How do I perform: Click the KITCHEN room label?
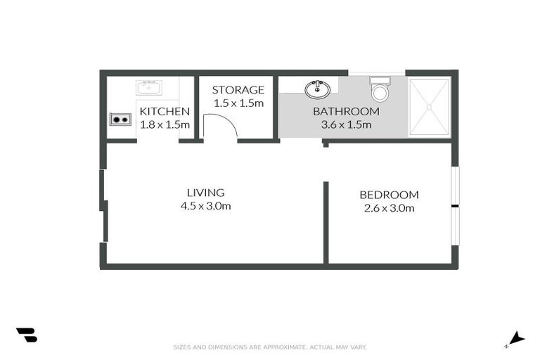click(165, 111)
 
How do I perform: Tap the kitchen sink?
click(149, 87)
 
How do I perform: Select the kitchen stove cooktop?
click(120, 119)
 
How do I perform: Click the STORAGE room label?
click(238, 90)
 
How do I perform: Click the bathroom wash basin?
click(317, 89)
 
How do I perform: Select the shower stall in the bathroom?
click(429, 107)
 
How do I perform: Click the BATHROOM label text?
click(346, 111)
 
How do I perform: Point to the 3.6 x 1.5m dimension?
click(346, 124)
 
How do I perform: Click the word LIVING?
click(205, 193)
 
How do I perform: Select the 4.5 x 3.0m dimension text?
click(205, 206)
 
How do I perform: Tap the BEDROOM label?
click(389, 195)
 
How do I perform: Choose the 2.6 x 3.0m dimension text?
click(389, 208)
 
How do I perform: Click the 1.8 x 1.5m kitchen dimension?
click(165, 124)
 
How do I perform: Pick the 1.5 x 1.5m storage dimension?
click(238, 103)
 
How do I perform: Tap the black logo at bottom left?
click(26, 335)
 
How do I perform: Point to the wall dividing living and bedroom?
click(326, 221)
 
